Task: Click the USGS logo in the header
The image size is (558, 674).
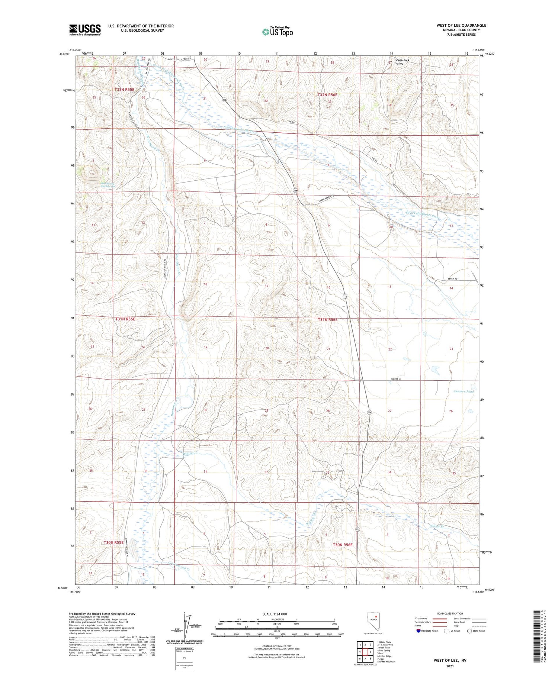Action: [84, 30]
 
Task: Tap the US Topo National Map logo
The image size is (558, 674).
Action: [277, 32]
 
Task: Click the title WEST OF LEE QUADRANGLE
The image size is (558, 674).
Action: [461, 26]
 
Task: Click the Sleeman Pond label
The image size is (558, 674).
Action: [464, 391]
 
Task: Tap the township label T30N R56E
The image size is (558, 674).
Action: [342, 545]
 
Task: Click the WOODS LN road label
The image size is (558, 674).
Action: [397, 379]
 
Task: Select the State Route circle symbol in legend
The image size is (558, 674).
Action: [469, 631]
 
